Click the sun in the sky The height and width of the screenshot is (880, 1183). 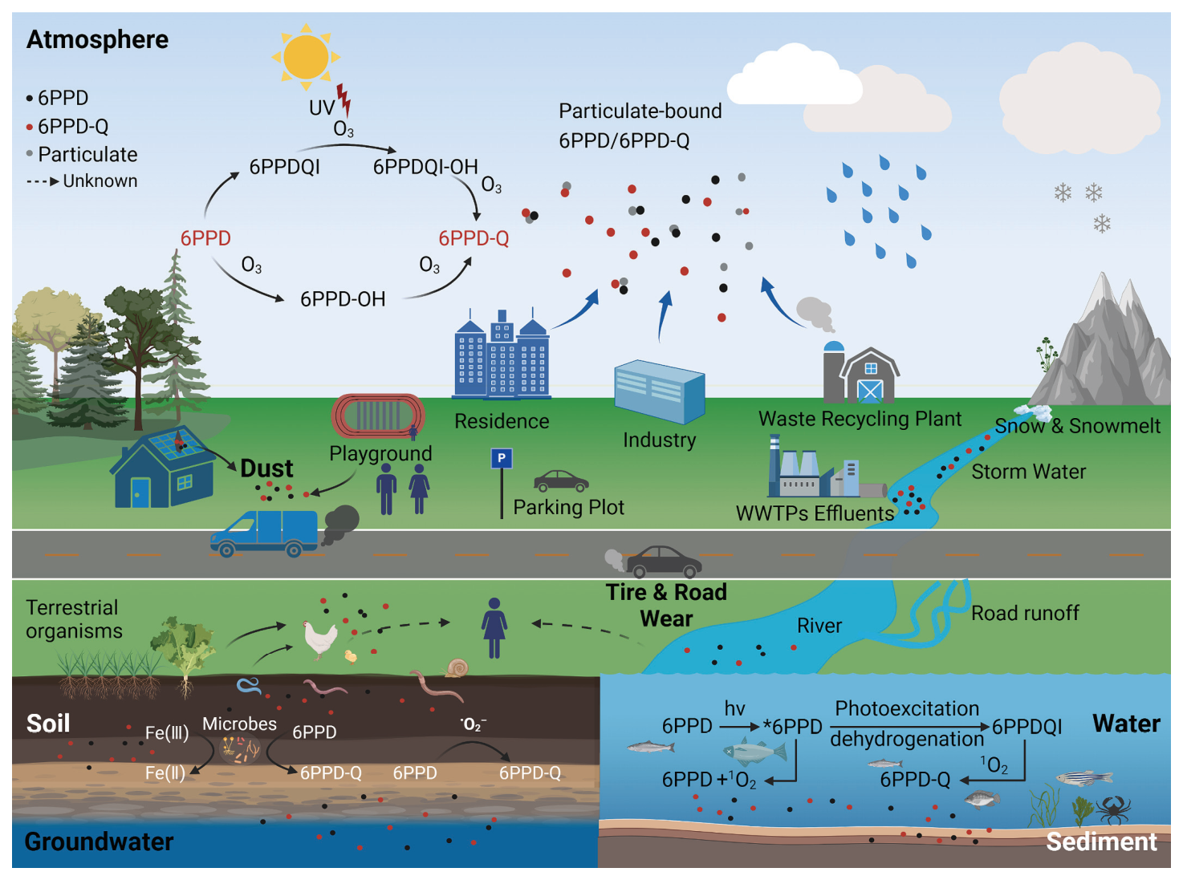306,57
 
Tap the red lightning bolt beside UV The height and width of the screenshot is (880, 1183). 344,100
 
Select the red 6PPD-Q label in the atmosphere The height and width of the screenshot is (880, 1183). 474,238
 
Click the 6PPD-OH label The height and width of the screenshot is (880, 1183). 343,299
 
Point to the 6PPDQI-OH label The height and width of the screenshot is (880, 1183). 425,167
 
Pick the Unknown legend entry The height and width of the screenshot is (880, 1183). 82,181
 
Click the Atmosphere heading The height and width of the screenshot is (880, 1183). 98,39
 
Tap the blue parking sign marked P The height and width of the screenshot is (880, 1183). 502,458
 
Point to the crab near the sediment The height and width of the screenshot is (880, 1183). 1114,811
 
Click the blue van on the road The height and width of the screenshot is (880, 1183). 265,533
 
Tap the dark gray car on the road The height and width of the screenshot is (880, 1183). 664,562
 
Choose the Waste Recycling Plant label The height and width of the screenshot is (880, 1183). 860,420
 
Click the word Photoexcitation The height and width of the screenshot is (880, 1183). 907,709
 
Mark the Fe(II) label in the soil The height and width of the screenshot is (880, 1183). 165,773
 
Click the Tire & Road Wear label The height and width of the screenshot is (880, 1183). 666,606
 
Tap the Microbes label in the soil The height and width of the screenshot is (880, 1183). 239,724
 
